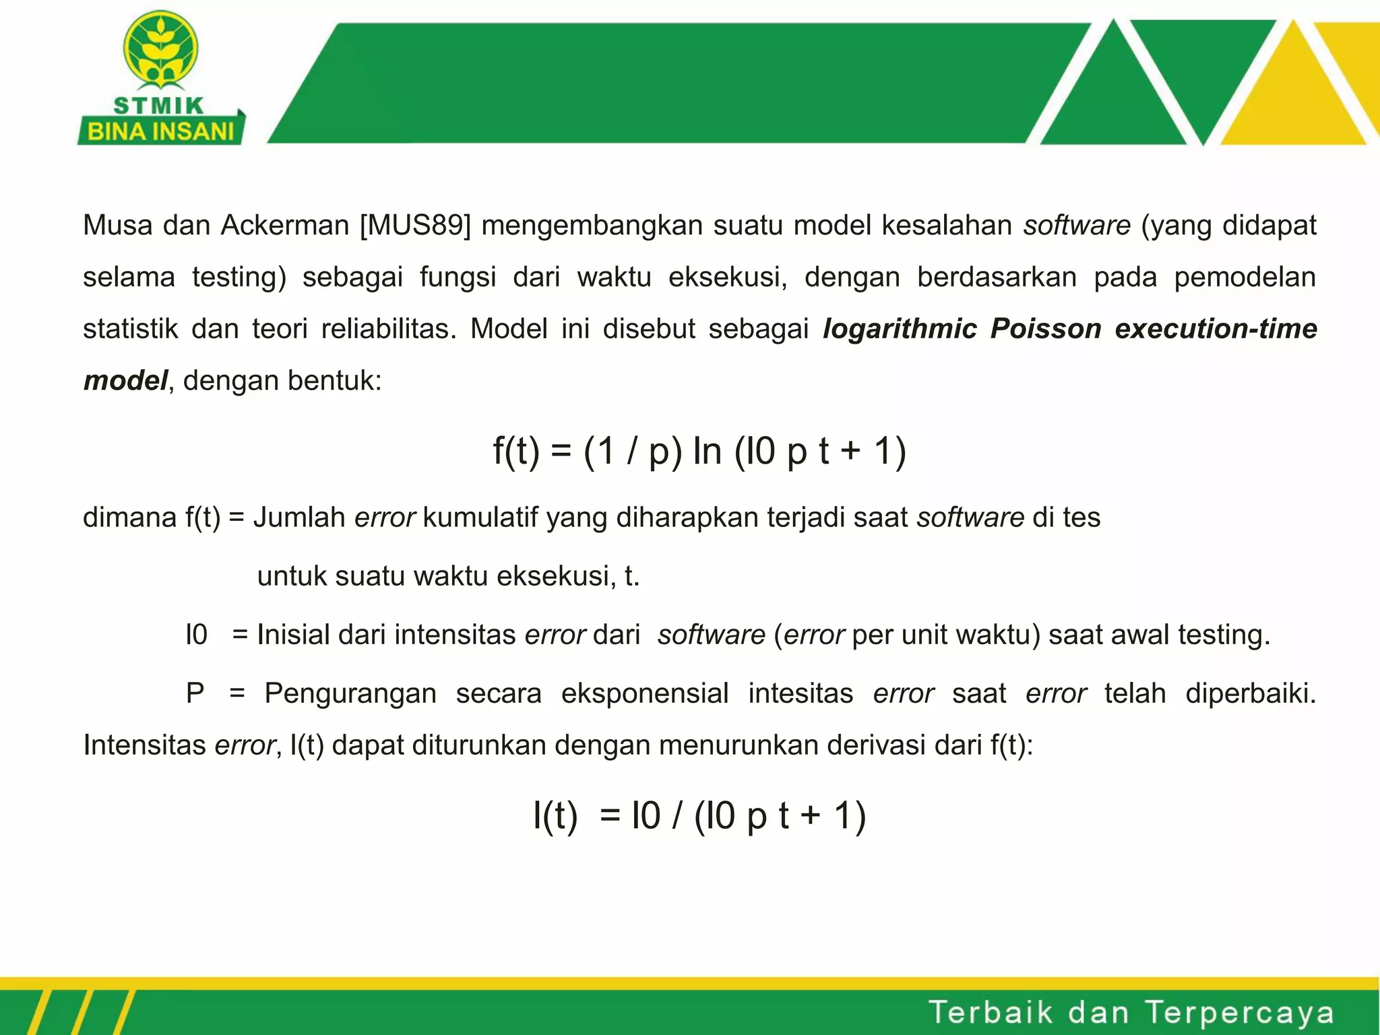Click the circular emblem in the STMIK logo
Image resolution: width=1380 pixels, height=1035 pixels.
(x=160, y=49)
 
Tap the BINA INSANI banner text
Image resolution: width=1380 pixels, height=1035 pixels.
(x=160, y=131)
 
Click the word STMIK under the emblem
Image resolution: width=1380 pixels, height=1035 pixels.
(x=159, y=106)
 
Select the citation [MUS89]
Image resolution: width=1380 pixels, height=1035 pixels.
(x=415, y=225)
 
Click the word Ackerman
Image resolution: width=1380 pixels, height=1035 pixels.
(x=284, y=225)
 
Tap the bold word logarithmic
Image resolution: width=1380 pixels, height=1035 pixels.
(x=900, y=329)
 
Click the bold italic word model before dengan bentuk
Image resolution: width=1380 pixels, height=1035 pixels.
(x=125, y=381)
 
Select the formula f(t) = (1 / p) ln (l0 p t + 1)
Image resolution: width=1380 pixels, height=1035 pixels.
(x=699, y=451)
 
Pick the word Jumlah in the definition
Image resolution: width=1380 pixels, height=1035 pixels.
(x=299, y=517)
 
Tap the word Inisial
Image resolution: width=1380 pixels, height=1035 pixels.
(x=293, y=635)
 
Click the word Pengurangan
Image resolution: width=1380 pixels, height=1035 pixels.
(x=350, y=693)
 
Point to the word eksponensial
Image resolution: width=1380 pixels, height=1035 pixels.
(x=645, y=693)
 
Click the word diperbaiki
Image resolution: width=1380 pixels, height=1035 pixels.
(x=1250, y=693)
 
